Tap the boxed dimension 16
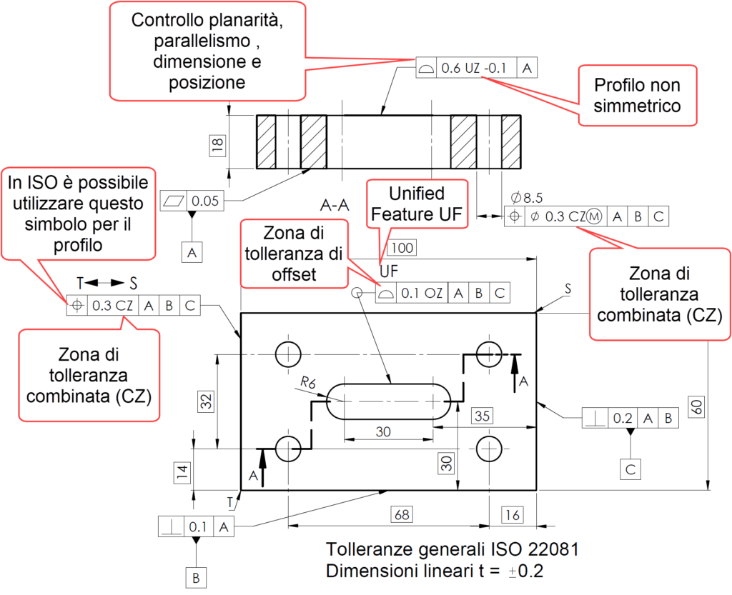coord(511,514)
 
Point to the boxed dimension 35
coord(483,416)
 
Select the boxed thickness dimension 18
coord(219,146)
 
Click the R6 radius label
coord(308,384)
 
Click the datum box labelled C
coord(630,469)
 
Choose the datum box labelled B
coord(195,576)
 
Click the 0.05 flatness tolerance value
coord(205,201)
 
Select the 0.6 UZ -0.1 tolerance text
coord(474,69)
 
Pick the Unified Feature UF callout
coord(416,204)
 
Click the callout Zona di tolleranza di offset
coord(293,253)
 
